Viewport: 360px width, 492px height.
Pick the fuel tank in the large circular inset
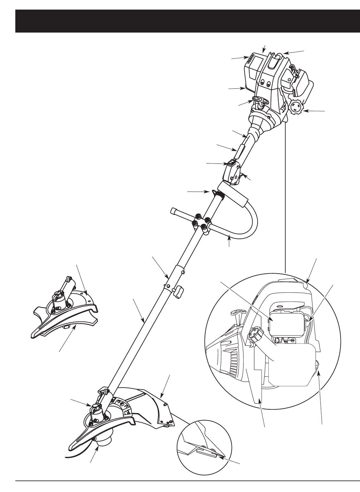coord(290,364)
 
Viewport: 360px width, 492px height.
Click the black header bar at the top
coord(188,21)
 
